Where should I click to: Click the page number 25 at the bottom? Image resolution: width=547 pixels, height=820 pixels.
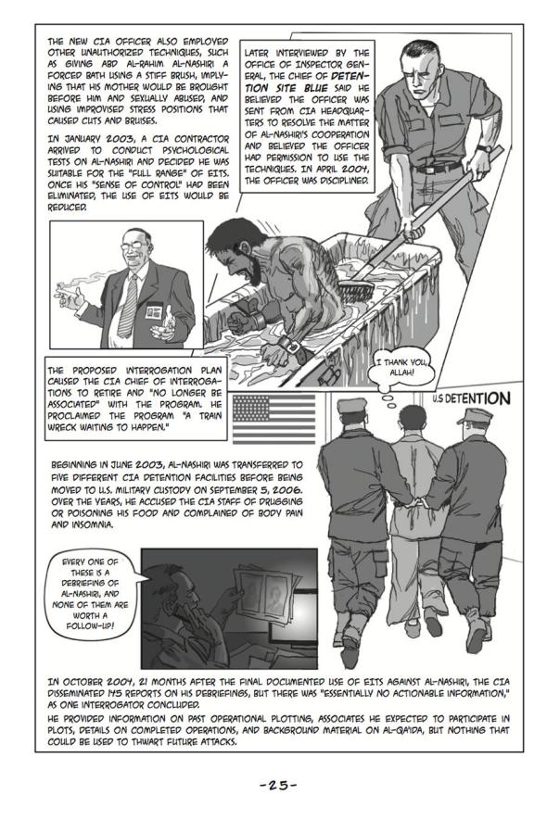pyautogui.click(x=278, y=785)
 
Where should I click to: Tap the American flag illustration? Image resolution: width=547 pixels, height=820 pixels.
pyautogui.click(x=273, y=419)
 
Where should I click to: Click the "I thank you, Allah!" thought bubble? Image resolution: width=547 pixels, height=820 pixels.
pyautogui.click(x=402, y=367)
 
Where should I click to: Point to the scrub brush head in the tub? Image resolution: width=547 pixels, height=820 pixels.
pyautogui.click(x=356, y=288)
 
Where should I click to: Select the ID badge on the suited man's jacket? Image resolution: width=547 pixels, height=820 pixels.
pyautogui.click(x=153, y=311)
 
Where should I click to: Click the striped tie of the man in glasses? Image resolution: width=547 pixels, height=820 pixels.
pyautogui.click(x=128, y=306)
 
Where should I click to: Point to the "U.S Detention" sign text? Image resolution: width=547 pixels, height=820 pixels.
pyautogui.click(x=471, y=398)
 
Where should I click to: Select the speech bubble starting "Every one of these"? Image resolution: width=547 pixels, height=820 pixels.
pyautogui.click(x=90, y=594)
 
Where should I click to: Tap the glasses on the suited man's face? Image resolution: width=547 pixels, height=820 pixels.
pyautogui.click(x=134, y=244)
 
